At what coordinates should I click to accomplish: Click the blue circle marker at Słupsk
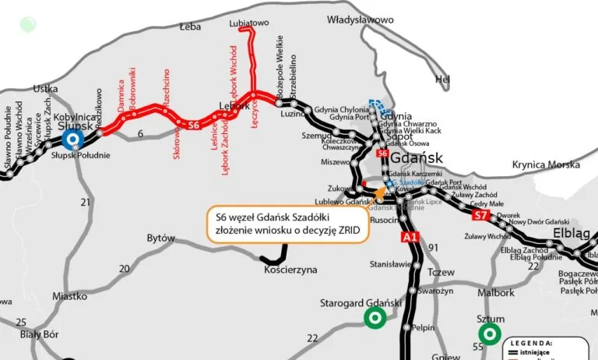pyautogui.click(x=74, y=139)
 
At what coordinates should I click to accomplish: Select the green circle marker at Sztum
pyautogui.click(x=490, y=334)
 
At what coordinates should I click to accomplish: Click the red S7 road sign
pyautogui.click(x=480, y=214)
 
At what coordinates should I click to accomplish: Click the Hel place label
pyautogui.click(x=442, y=79)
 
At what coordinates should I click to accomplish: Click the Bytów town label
pyautogui.click(x=160, y=238)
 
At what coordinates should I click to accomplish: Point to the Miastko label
pyautogui.click(x=70, y=296)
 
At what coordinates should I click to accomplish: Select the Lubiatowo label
pyautogui.click(x=249, y=24)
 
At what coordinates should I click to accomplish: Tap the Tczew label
pyautogui.click(x=440, y=274)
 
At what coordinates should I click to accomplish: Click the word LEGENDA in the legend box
pyautogui.click(x=533, y=343)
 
